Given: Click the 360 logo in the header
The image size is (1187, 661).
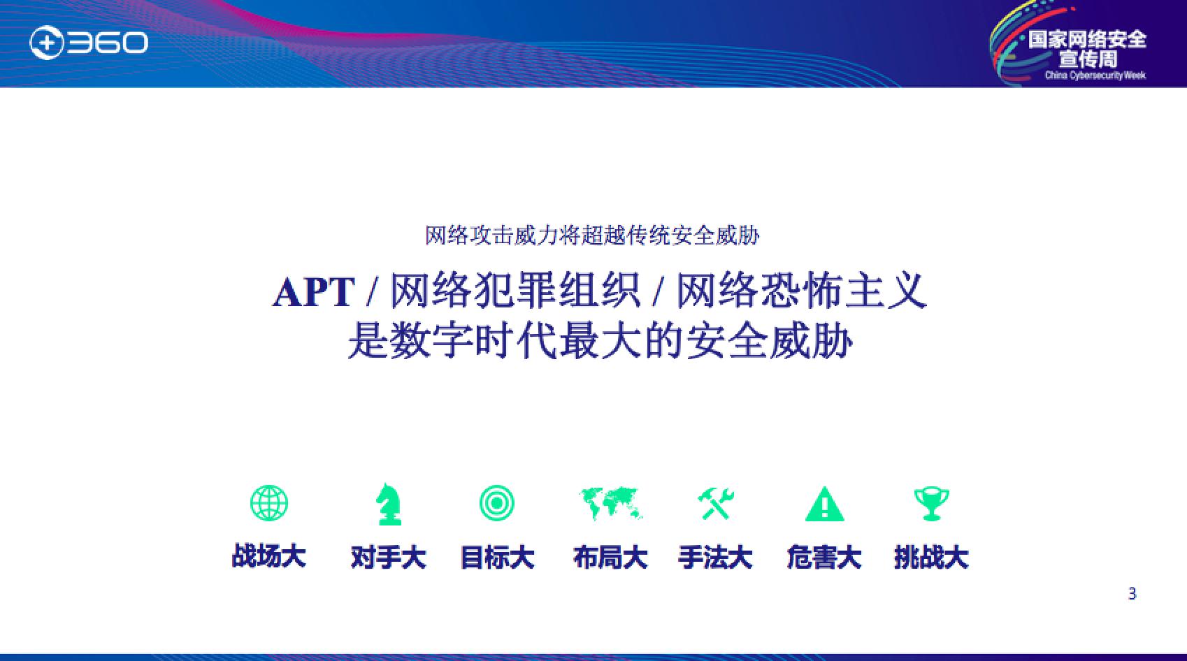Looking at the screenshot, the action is tap(89, 43).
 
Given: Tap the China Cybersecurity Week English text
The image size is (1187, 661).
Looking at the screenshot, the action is tap(1095, 75).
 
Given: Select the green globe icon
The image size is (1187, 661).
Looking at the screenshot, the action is tap(269, 503).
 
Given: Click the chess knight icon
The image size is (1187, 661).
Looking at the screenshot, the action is tap(389, 504).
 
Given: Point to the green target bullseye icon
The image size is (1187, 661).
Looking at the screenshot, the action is tap(496, 503).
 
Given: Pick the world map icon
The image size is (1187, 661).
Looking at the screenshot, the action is tap(611, 503).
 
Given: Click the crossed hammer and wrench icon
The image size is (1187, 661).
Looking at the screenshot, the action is tap(715, 504).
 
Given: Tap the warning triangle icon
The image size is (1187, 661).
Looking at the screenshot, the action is tap(825, 504).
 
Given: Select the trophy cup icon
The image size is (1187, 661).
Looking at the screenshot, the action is tap(932, 504).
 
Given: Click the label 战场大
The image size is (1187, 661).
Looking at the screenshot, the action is tap(268, 557).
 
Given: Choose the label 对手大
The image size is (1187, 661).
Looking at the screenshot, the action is tap(389, 557).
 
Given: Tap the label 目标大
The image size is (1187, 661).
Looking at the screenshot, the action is tap(497, 557).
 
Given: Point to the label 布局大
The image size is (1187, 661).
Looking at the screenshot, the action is tap(610, 557).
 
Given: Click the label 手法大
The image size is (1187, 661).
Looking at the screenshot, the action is tap(715, 557).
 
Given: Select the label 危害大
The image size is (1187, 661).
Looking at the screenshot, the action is tap(824, 557).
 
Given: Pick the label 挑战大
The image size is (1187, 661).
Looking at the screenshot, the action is tap(932, 557).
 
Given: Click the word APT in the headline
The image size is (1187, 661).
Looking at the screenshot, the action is tap(314, 292).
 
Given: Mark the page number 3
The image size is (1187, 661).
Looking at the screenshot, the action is tap(1132, 594).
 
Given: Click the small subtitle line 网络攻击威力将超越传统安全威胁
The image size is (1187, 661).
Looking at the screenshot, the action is tap(592, 235).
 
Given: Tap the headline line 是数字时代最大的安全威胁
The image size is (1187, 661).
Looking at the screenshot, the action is tap(600, 340).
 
